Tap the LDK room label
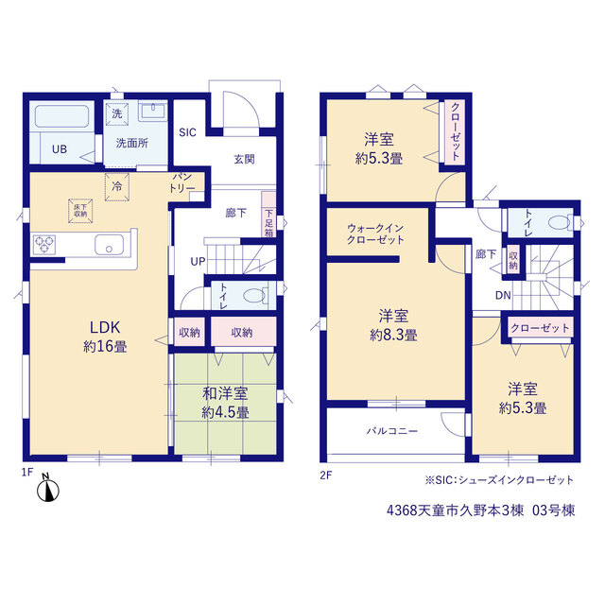point(105,328)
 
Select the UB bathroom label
point(60,149)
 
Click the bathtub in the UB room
point(61,116)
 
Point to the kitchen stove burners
point(44,245)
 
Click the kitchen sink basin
point(110,245)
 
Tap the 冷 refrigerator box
point(117,187)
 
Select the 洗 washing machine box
point(117,113)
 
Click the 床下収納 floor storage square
point(80,211)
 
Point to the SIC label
point(187,132)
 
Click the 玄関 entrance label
point(244,159)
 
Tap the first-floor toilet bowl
point(254,296)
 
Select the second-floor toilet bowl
point(559,223)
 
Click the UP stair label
point(198,262)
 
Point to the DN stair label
point(503,296)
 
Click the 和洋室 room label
point(225,393)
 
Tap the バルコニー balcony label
point(392,431)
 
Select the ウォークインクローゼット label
point(375,233)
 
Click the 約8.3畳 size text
point(393,335)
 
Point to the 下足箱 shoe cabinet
point(268,215)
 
